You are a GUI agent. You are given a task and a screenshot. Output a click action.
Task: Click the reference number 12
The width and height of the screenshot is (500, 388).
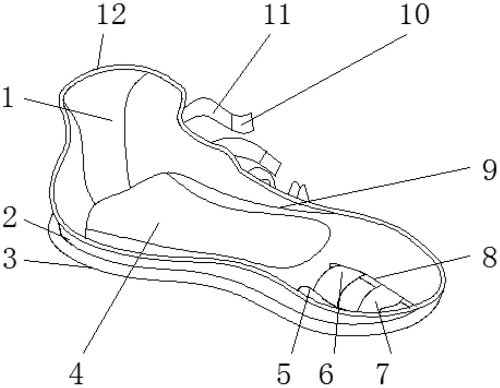point(111,15)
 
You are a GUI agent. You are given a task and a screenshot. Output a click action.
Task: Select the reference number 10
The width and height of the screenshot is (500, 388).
point(414,15)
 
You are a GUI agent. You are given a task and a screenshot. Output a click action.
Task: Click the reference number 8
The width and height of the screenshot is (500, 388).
point(490,258)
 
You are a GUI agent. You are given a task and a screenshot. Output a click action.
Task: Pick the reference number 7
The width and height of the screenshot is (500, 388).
point(382,374)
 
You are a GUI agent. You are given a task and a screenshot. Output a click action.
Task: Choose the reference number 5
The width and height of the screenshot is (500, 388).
point(283,374)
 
